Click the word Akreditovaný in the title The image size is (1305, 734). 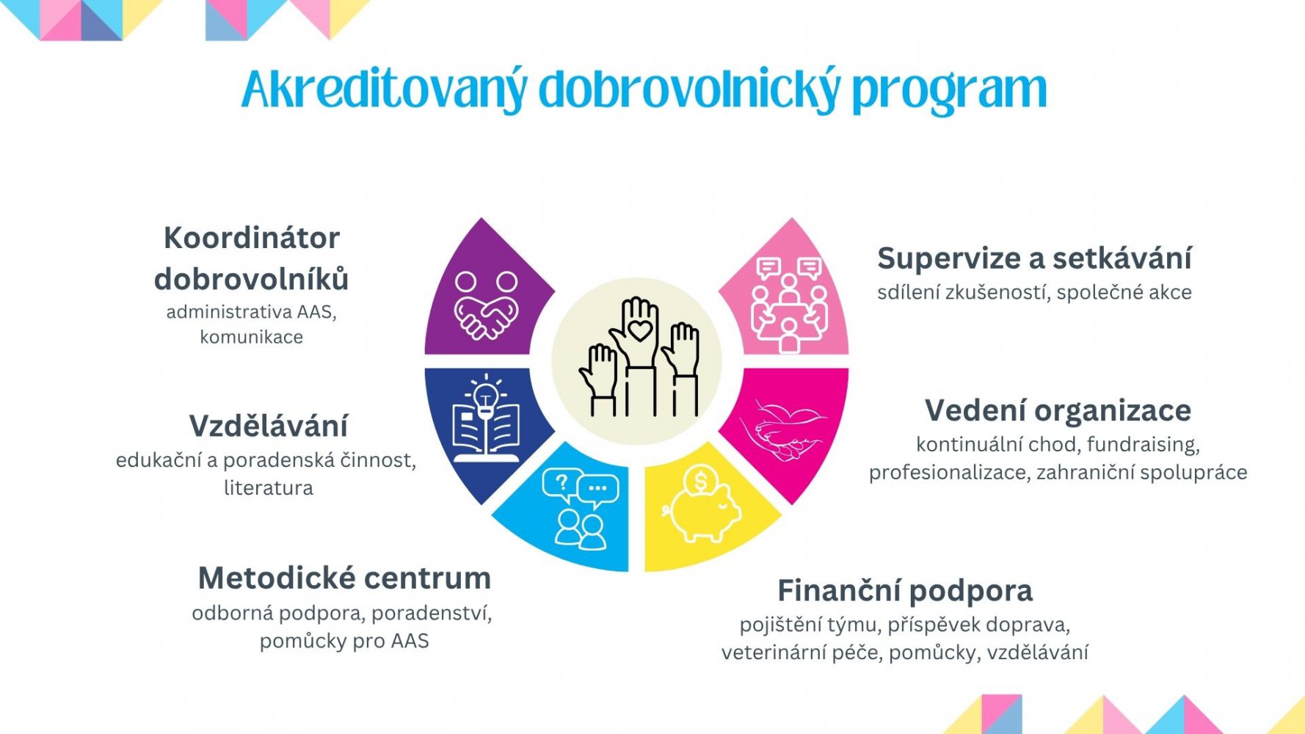click(x=384, y=90)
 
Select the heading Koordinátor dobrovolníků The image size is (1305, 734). click(x=251, y=258)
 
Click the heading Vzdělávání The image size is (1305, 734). click(x=269, y=426)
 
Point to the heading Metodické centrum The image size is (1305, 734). click(x=344, y=578)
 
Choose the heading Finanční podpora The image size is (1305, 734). click(x=905, y=590)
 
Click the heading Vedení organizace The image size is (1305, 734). click(x=1058, y=410)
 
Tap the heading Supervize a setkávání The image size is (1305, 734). click(x=1034, y=258)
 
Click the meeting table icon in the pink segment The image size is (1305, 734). click(x=789, y=305)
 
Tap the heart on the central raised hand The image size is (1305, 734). click(x=640, y=330)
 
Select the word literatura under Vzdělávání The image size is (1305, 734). click(x=269, y=487)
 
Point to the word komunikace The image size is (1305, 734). click(x=251, y=337)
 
